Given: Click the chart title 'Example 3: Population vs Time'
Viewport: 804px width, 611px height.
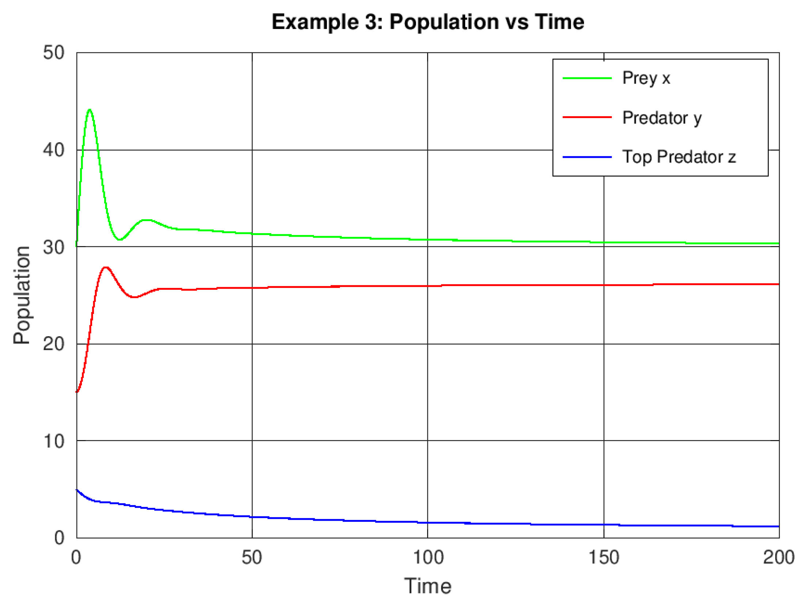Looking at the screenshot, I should click(428, 22).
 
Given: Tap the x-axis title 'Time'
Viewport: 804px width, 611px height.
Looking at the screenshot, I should click(428, 586).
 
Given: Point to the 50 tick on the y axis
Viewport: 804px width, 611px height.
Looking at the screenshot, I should click(54, 53).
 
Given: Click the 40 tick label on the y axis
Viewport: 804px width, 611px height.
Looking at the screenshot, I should click(54, 150).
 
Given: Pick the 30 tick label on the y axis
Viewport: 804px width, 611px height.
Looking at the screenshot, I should click(54, 247).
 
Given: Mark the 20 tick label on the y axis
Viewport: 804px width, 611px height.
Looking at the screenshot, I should click(54, 344).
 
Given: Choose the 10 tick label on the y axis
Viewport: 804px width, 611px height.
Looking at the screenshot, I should click(54, 441).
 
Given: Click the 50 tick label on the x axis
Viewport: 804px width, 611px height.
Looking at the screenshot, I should click(252, 558).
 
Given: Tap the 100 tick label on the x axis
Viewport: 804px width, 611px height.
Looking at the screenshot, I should click(428, 558).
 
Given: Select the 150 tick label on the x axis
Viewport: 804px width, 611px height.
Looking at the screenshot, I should click(604, 558).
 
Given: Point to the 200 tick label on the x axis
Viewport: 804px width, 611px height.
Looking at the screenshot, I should click(779, 558).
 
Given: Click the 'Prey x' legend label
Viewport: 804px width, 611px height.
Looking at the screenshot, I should click(646, 78).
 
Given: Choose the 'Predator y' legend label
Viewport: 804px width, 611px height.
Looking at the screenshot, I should click(662, 118).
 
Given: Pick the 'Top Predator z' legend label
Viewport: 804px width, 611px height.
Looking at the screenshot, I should click(679, 157).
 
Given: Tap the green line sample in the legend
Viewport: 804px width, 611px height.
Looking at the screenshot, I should click(587, 78).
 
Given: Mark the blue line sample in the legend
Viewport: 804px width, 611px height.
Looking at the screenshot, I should click(587, 157).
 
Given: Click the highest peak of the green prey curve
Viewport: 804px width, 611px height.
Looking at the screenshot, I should click(90, 109).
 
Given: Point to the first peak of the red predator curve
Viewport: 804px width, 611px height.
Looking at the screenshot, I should click(106, 267).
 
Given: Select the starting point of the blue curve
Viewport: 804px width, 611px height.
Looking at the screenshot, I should click(77, 490).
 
